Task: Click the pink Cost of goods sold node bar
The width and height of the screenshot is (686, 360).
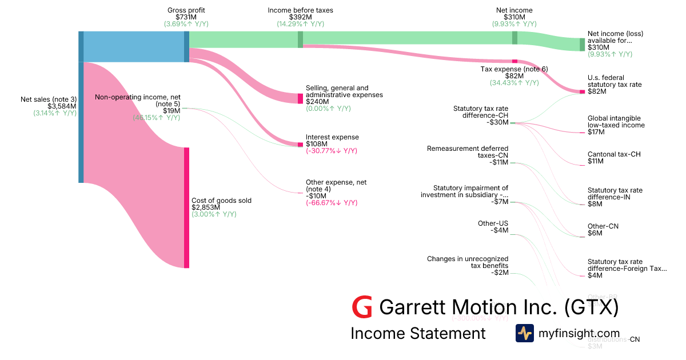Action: [x=186, y=207]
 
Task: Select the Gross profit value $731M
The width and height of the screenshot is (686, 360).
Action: [x=186, y=17]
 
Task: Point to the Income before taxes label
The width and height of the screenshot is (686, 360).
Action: [x=300, y=10]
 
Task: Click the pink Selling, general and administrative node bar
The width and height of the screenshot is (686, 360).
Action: [x=300, y=98]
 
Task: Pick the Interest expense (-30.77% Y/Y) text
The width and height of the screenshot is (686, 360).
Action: [x=332, y=151]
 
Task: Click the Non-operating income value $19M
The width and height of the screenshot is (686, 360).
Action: [x=171, y=111]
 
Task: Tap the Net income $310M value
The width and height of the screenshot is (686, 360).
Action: [x=514, y=17]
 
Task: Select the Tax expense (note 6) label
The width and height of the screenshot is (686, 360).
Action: [x=514, y=69]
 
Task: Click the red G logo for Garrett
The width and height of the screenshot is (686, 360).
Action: [x=362, y=307]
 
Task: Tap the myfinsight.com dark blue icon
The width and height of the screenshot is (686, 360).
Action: [x=524, y=333]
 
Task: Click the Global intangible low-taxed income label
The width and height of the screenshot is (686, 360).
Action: [x=616, y=122]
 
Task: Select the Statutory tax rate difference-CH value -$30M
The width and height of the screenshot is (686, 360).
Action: [x=497, y=122]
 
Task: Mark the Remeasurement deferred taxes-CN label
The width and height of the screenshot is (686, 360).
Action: [x=467, y=151]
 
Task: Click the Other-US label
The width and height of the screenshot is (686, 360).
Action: [x=493, y=223]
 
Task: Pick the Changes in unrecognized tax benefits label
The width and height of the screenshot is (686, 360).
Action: [x=467, y=262]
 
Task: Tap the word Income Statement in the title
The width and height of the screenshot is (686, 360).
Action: [x=418, y=333]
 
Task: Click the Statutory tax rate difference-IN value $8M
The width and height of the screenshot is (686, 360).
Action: [x=595, y=204]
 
